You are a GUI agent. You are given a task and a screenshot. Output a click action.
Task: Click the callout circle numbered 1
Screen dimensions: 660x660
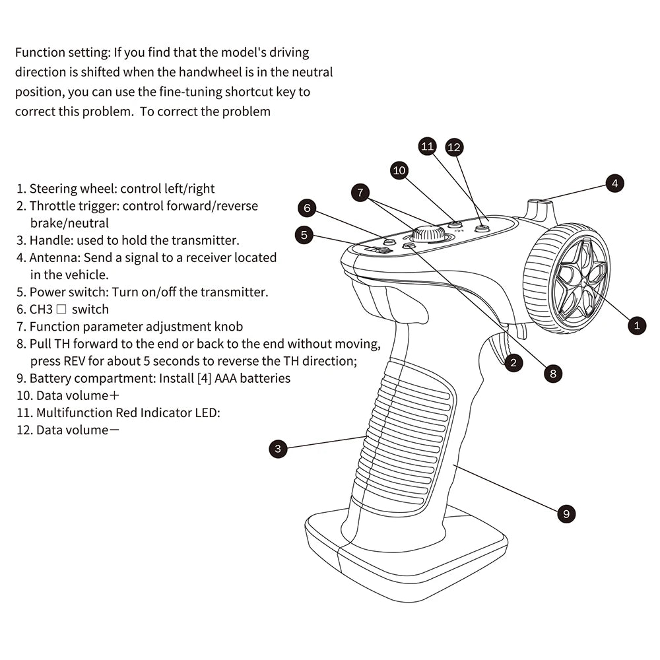pyautogui.click(x=636, y=325)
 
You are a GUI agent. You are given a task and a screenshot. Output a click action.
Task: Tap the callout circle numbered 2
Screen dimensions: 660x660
pyautogui.click(x=512, y=361)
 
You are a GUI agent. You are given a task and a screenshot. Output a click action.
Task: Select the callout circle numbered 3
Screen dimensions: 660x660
pyautogui.click(x=279, y=449)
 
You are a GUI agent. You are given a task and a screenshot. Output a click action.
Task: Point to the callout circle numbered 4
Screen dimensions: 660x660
pyautogui.click(x=614, y=183)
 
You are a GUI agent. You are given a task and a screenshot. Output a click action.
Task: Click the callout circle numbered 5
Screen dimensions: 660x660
pyautogui.click(x=304, y=234)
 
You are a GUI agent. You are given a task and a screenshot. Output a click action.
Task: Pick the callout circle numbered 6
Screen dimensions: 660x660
pyautogui.click(x=307, y=209)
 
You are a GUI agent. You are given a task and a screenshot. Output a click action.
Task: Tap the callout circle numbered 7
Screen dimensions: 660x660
pyautogui.click(x=360, y=193)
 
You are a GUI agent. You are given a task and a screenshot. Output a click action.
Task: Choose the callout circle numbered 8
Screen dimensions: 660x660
pyautogui.click(x=553, y=374)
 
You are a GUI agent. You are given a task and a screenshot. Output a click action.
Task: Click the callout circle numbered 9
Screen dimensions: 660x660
pyautogui.click(x=566, y=513)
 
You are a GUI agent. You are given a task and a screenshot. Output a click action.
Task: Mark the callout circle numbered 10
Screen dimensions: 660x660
pyautogui.click(x=399, y=171)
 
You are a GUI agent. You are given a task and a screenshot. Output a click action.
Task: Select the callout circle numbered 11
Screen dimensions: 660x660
pyautogui.click(x=428, y=146)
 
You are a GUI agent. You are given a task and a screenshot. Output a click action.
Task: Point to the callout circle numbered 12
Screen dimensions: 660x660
pyautogui.click(x=453, y=147)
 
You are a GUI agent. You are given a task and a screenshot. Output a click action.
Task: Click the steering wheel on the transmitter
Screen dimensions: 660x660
pyautogui.click(x=567, y=278)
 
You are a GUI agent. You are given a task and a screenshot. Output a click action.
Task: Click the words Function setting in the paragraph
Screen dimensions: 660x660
pyautogui.click(x=54, y=52)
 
